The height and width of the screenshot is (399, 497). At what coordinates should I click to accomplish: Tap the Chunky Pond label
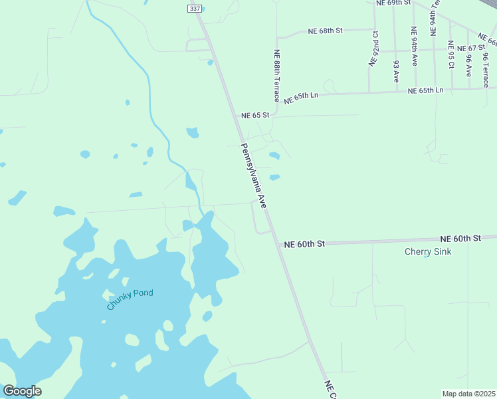130,300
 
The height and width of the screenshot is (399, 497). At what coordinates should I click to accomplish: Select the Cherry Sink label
428,252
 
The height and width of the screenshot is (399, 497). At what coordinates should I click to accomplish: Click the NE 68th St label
325,31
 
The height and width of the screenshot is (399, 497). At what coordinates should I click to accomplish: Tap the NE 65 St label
255,115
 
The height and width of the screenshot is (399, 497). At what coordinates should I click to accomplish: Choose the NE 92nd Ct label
375,47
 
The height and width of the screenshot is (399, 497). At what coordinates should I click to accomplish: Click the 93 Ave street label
396,70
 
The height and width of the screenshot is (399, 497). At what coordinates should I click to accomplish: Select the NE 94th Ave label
414,46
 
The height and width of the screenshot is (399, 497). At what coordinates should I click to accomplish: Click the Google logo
22,391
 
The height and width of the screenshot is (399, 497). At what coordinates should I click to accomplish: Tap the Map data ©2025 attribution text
468,394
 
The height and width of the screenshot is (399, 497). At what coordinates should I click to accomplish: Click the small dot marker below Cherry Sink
426,256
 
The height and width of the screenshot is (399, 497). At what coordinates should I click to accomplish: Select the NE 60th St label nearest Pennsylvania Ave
304,244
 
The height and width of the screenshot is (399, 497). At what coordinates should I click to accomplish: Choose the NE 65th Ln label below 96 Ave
425,90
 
